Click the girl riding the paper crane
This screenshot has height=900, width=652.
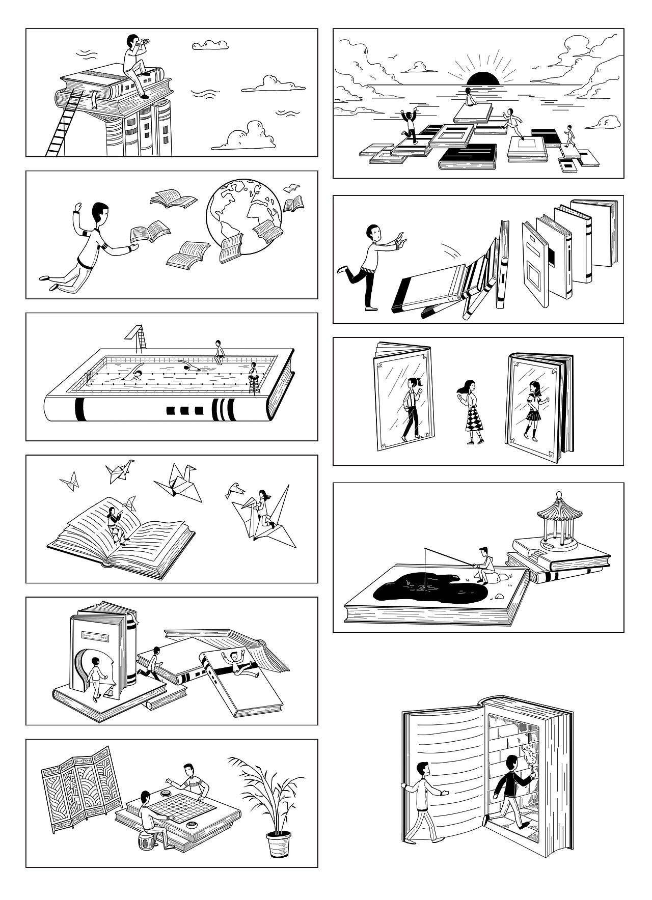pyautogui.click(x=263, y=504)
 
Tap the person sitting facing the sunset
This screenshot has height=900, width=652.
pyautogui.click(x=469, y=97)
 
